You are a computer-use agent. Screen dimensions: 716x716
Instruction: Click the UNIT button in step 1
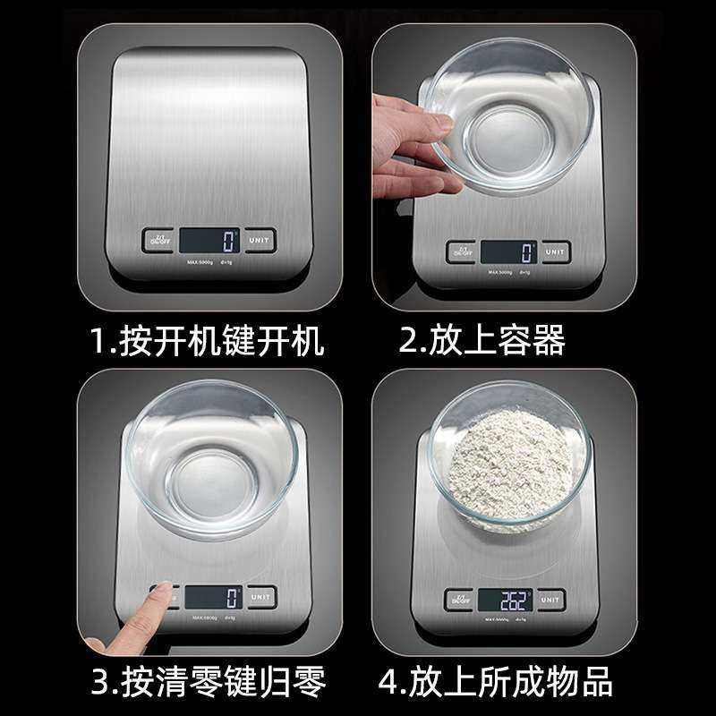[260, 240]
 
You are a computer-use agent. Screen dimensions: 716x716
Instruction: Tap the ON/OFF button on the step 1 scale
[158, 240]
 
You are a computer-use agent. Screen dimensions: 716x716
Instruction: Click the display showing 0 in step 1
[209, 240]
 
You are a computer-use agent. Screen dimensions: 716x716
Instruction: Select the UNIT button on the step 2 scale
[555, 251]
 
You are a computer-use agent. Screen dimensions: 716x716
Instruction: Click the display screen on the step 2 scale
[507, 251]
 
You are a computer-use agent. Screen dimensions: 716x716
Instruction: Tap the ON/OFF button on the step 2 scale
[462, 251]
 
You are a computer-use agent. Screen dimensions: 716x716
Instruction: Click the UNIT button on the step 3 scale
[260, 596]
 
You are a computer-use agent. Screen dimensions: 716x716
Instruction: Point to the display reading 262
[505, 599]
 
